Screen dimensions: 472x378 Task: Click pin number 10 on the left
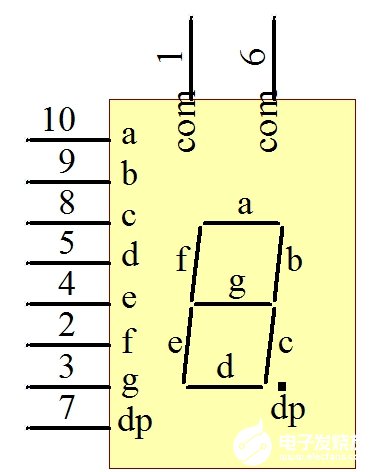click(60, 121)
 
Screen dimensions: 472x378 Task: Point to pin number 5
click(66, 243)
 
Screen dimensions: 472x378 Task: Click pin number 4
click(66, 284)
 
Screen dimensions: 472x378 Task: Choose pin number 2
click(66, 325)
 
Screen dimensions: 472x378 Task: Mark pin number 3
click(66, 367)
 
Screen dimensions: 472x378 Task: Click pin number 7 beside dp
click(66, 408)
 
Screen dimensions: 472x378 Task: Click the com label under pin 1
click(184, 123)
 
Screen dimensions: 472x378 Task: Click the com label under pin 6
click(266, 123)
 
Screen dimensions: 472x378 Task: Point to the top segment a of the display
click(241, 223)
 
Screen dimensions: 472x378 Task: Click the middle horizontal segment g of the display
click(232, 303)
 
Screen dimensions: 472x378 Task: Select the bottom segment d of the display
click(225, 383)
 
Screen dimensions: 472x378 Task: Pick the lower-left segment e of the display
click(189, 343)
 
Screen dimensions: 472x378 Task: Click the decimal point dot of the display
click(283, 385)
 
